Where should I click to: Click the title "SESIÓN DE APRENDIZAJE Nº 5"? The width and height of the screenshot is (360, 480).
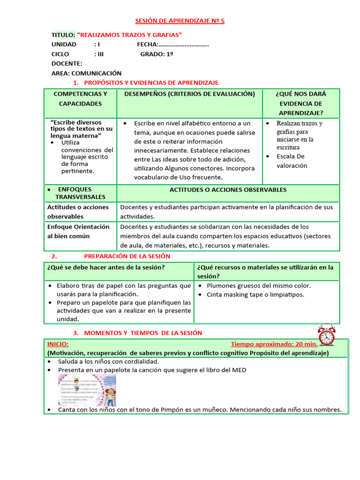[180, 22]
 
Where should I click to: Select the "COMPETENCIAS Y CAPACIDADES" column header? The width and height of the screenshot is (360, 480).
[80, 98]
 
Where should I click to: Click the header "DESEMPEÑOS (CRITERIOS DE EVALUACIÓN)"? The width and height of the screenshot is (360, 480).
[189, 94]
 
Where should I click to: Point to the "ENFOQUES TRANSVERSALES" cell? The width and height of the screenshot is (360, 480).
[80, 193]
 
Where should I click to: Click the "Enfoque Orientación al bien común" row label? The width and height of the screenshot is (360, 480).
[78, 231]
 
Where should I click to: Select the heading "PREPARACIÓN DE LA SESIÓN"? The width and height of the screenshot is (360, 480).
[127, 256]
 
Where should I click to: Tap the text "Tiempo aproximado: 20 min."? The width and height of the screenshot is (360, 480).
[274, 344]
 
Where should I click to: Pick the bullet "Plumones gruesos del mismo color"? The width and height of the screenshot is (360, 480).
[258, 285]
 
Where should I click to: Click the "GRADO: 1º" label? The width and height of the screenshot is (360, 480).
[157, 54]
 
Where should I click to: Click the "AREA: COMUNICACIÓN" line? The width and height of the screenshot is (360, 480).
[86, 73]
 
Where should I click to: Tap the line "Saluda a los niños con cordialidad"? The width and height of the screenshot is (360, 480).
[108, 361]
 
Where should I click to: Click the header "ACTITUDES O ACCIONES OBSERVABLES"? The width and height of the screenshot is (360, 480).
[227, 190]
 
